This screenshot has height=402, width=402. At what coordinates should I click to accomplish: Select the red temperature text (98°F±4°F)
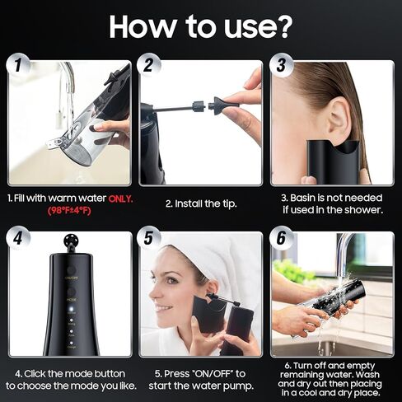click(x=68, y=212)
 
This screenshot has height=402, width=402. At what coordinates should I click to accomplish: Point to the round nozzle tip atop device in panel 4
click(x=69, y=244)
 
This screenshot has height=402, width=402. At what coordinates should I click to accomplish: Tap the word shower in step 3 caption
click(x=360, y=211)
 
